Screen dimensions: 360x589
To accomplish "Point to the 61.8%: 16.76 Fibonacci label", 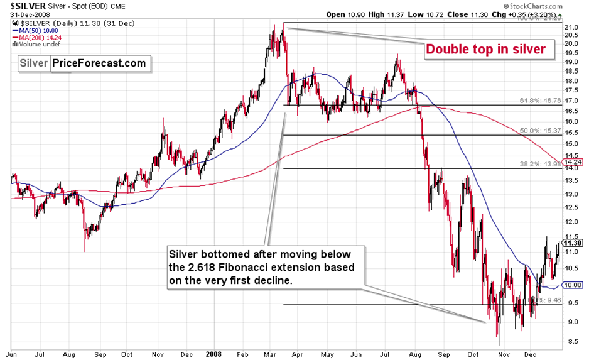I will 537,100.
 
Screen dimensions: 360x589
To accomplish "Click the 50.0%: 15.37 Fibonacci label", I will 537,130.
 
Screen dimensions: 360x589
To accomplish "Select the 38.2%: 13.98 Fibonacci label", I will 537,163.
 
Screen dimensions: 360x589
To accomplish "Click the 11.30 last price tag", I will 573,243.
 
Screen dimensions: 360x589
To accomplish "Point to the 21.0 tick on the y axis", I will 571,28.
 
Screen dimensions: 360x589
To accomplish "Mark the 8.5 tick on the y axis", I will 571,342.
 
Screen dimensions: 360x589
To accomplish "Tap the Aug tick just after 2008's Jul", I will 416,353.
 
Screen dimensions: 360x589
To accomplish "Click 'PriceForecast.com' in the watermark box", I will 99,63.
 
